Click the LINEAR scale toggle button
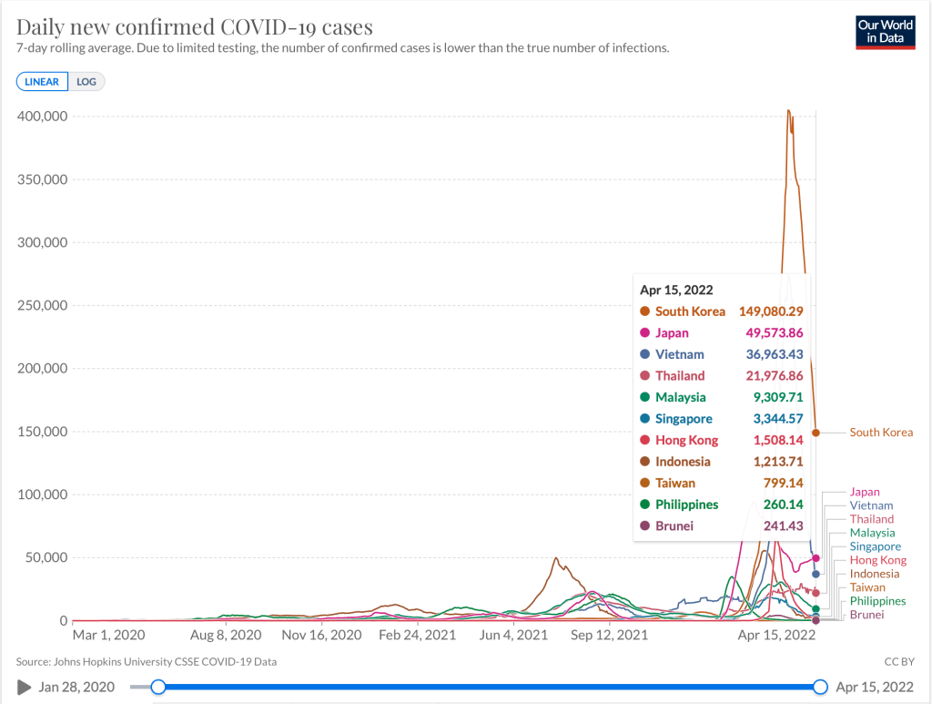pos(42,82)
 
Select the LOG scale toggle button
pos(86,82)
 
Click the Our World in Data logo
pos(885,32)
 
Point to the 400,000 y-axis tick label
pos(43,117)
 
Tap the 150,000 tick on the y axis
pos(43,432)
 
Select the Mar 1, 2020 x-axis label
pos(108,635)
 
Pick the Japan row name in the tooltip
pos(672,333)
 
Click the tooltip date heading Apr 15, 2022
pos(675,291)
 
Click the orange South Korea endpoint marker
pos(816,433)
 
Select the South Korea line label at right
pos(881,433)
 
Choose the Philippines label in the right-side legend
pos(877,601)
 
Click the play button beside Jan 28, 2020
pos(24,687)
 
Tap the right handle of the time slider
pos(820,687)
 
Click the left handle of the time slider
pos(158,687)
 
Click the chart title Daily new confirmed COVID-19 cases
pos(195,26)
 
